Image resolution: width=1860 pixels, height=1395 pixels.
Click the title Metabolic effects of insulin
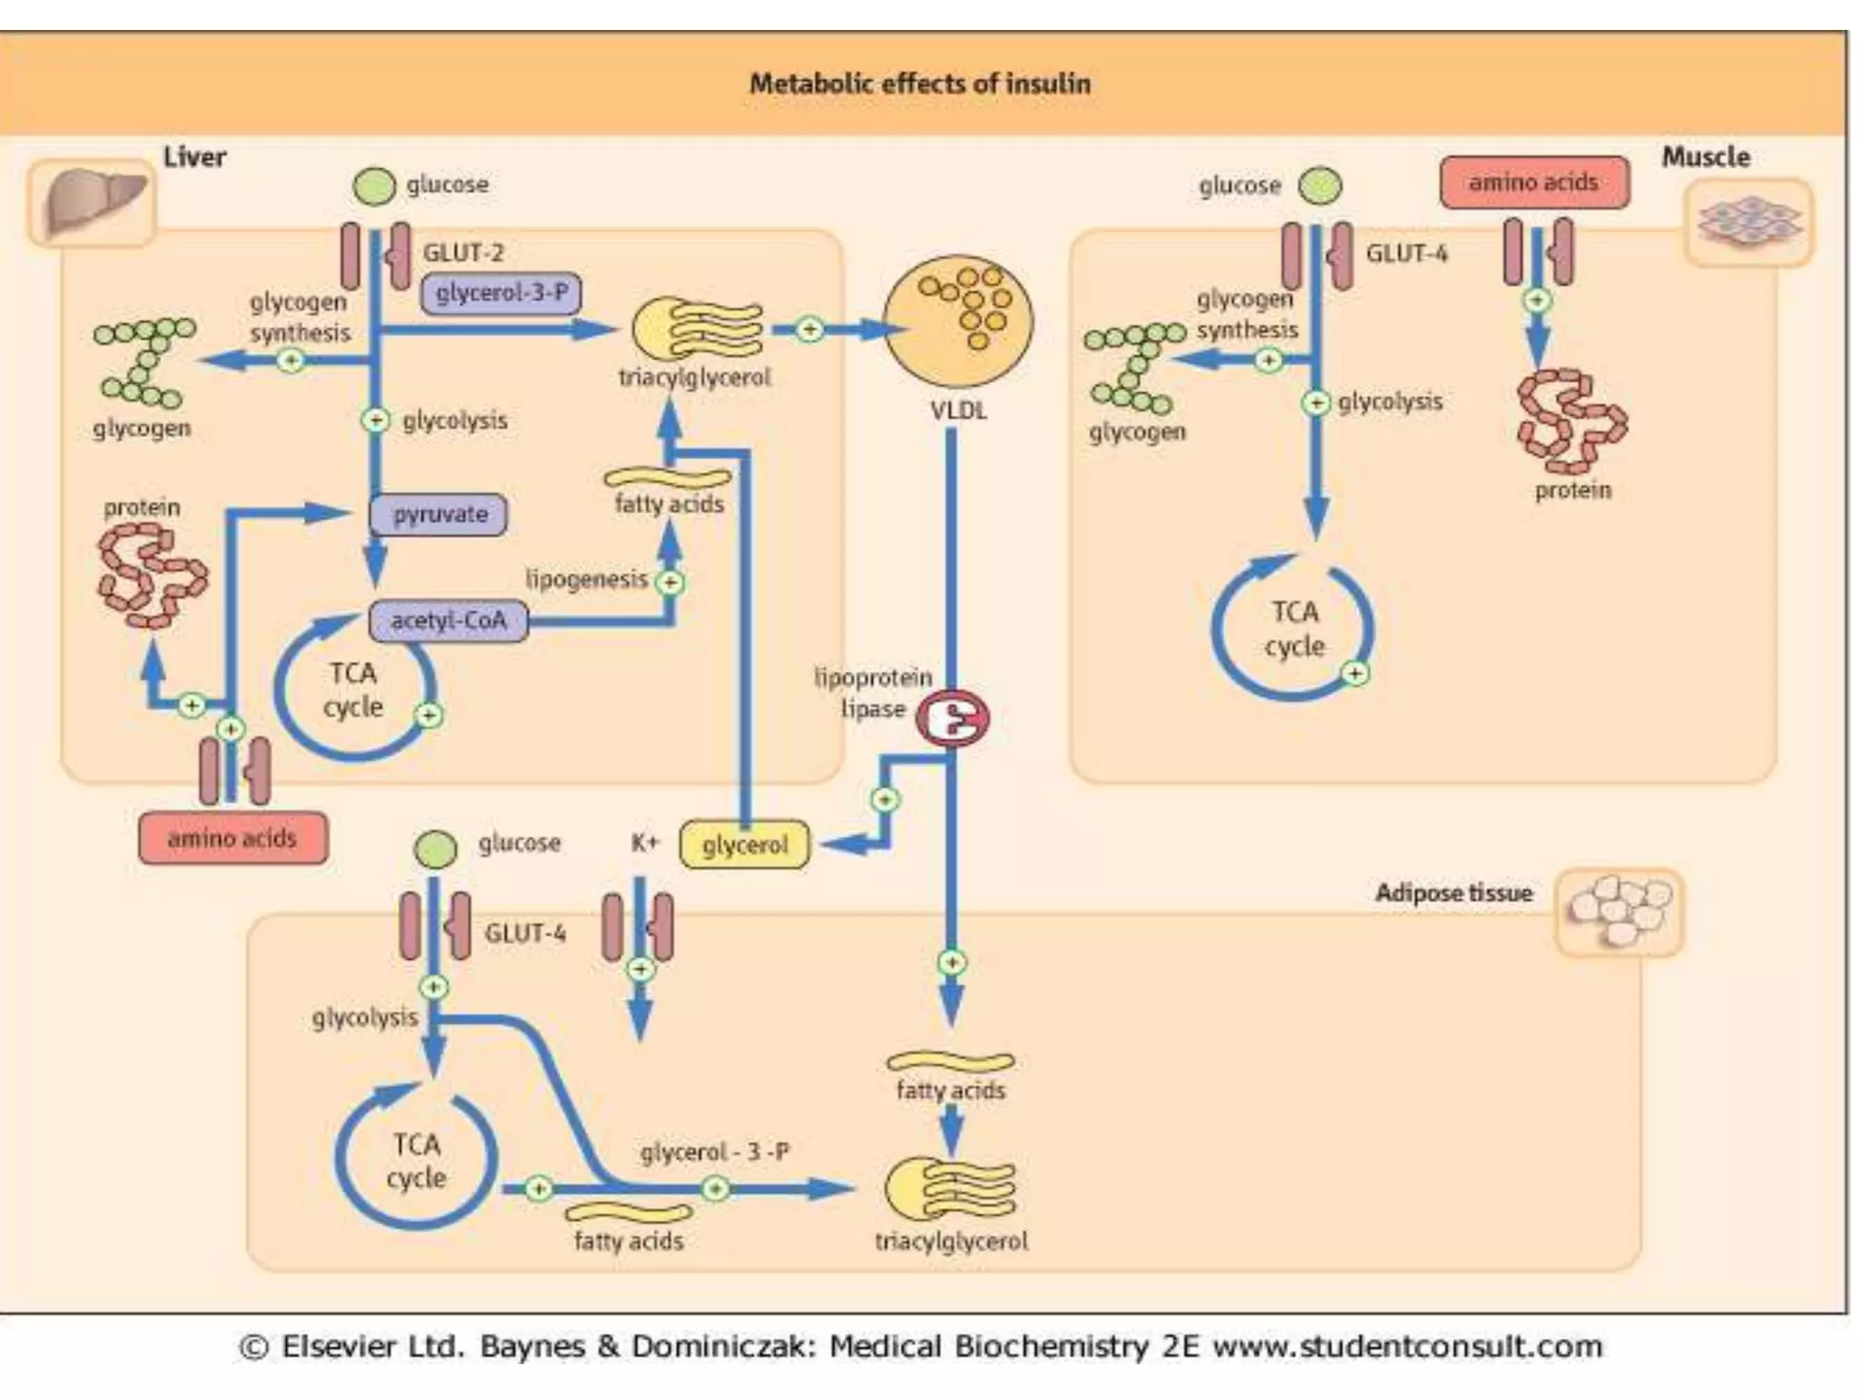919,84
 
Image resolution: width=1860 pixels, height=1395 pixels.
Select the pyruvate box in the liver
439,515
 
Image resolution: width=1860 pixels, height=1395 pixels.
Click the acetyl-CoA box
448,621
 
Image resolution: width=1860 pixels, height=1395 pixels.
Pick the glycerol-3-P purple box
501,293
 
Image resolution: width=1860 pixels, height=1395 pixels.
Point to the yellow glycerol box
744,846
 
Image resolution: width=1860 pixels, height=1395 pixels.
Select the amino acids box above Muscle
1534,183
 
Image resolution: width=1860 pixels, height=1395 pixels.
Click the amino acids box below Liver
232,838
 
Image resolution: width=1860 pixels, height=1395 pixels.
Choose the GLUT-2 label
462,253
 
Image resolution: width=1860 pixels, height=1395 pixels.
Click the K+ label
644,844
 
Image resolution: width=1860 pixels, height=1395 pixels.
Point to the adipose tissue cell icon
1619,913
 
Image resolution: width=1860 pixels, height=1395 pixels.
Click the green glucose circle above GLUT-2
374,186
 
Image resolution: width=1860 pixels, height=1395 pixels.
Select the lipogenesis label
586,579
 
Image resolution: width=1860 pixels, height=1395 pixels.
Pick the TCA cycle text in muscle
1294,629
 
